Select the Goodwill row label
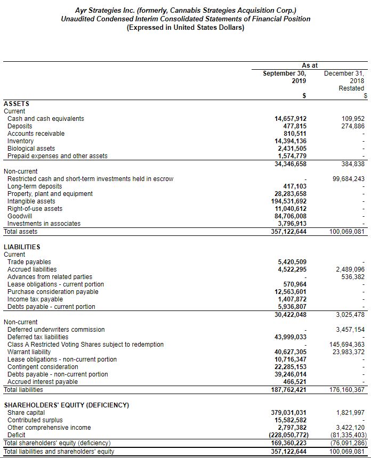pos(20,216)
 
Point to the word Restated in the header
pos(351,88)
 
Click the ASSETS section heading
pos(17,104)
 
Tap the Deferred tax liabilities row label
pos(38,337)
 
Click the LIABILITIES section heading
pos(22,247)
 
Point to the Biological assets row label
pos(31,149)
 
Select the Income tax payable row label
pos(35,299)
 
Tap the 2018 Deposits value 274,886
pos(352,126)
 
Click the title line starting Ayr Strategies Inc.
pos(185,10)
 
